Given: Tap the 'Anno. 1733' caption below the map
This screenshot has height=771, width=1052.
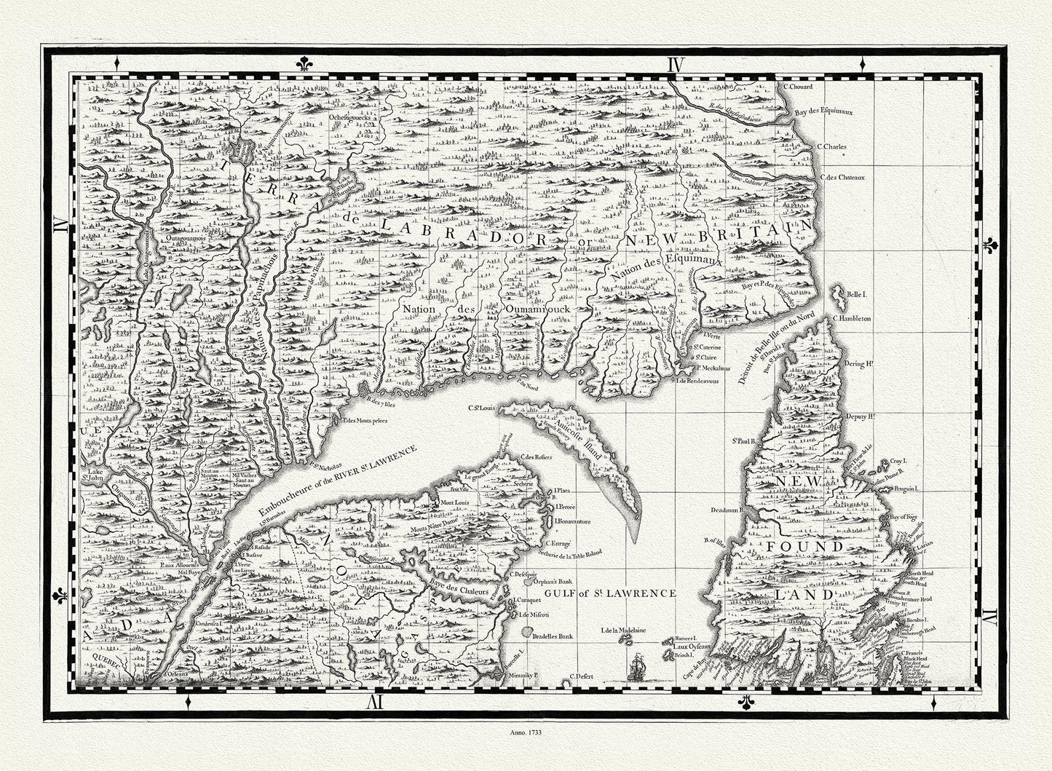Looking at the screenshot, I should pyautogui.click(x=526, y=727).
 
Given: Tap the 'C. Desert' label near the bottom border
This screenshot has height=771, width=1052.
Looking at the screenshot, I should pyautogui.click(x=584, y=677).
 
